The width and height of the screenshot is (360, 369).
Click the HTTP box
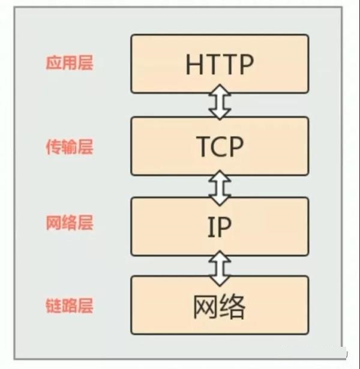[x=220, y=64]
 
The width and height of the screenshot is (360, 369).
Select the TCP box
[x=220, y=146]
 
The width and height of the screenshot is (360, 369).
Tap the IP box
[x=220, y=227]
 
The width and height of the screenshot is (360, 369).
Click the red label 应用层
[x=70, y=64]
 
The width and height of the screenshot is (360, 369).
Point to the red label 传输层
[x=70, y=146]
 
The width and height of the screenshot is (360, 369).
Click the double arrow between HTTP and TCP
[x=220, y=105]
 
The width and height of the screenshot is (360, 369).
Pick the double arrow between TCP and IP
[x=220, y=186]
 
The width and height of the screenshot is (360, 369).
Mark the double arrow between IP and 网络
[x=220, y=266]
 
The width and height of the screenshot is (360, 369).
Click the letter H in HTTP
[x=194, y=64]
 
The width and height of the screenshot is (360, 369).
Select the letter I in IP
[x=211, y=227]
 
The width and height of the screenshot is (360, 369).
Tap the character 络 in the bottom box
[x=233, y=307]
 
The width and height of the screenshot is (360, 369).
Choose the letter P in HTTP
[x=246, y=64]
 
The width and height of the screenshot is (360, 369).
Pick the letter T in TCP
[x=203, y=146]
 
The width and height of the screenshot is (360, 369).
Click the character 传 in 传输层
[x=53, y=146]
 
